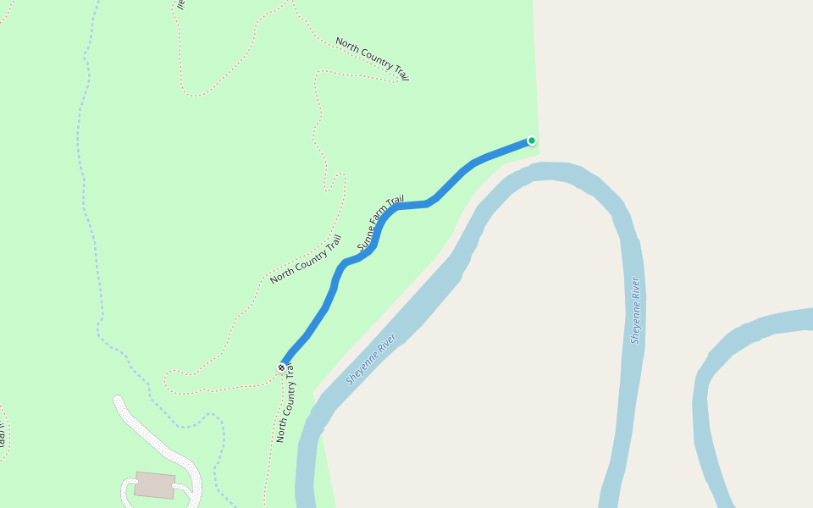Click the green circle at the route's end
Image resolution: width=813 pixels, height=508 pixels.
point(532,141)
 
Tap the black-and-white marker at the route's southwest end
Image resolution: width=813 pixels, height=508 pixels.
point(281,367)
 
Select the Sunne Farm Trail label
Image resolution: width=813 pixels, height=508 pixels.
point(380,224)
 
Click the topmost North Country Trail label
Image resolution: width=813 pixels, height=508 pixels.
point(373,58)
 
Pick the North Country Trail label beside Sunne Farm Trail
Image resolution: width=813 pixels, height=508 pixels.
point(306,259)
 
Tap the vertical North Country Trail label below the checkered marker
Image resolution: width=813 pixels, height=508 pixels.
point(283,404)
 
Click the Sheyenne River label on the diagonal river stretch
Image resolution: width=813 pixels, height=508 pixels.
point(371,360)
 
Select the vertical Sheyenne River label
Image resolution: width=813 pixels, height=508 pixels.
point(635,310)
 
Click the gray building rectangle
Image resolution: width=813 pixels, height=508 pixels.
point(154,485)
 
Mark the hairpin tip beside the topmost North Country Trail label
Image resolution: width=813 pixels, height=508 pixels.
point(398,81)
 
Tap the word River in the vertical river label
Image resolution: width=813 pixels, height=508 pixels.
point(634,289)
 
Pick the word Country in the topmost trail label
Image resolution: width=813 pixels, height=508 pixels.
point(375,59)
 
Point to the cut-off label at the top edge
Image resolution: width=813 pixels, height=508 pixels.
point(180,4)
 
